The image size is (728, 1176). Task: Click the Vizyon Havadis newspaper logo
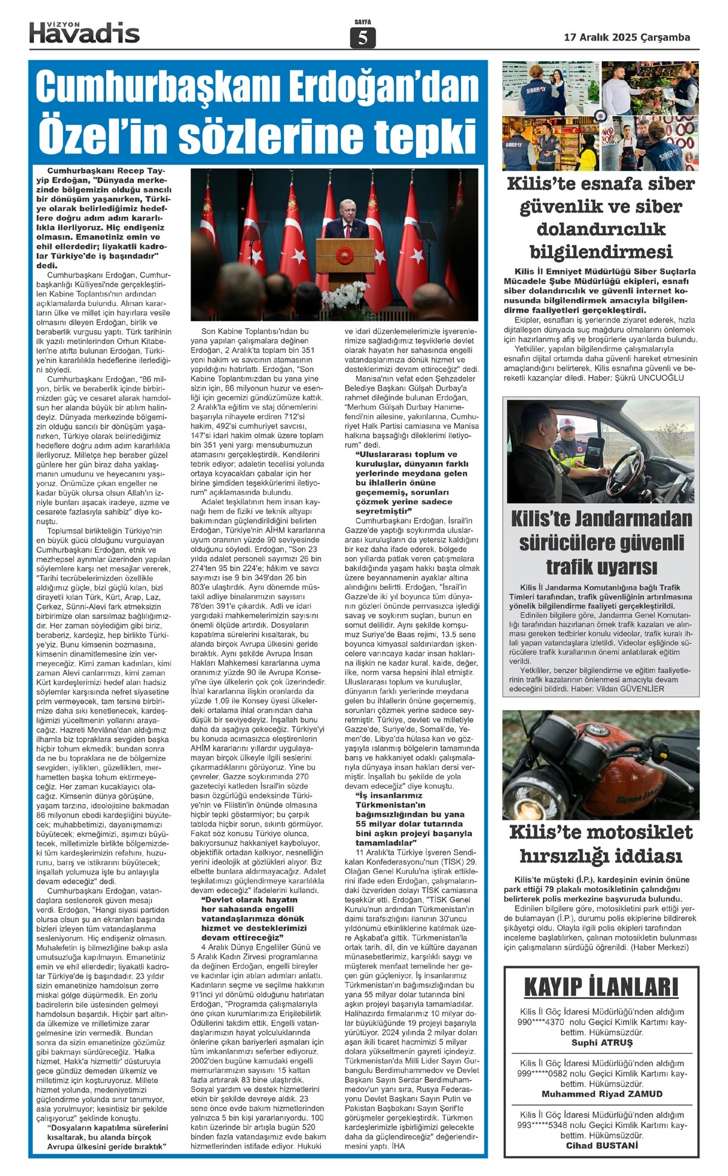click(84, 32)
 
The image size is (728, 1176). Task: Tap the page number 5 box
click(363, 38)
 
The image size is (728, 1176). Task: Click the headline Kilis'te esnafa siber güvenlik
click(601, 217)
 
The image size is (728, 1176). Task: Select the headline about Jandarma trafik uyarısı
click(601, 542)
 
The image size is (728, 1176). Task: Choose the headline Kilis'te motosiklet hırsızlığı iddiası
click(601, 843)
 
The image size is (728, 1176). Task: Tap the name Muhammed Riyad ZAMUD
click(601, 1094)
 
